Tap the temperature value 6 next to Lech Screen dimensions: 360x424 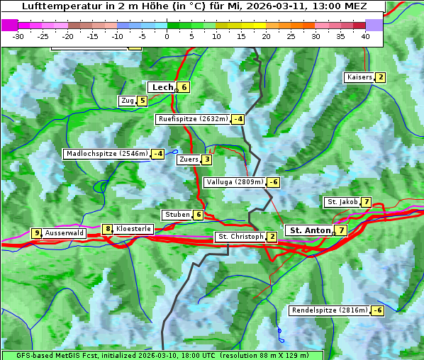[x=184, y=87]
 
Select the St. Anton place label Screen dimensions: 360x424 [x=310, y=230]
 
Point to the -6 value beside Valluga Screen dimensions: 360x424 [x=273, y=182]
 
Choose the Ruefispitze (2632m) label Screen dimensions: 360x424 [x=193, y=119]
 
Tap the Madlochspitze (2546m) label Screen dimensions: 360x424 [x=106, y=154]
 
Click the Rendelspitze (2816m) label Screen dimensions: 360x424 [x=330, y=310]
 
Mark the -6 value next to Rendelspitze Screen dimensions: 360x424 [x=378, y=310]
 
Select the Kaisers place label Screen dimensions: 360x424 [x=359, y=77]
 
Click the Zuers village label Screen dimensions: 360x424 [x=188, y=159]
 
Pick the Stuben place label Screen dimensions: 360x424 [x=177, y=215]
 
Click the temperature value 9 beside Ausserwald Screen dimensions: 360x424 [x=36, y=233]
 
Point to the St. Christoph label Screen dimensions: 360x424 [x=240, y=237]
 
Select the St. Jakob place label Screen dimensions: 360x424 [x=342, y=202]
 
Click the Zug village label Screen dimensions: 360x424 [x=127, y=101]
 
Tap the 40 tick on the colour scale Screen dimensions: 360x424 [x=365, y=36]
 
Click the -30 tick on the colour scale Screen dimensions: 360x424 [x=18, y=36]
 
